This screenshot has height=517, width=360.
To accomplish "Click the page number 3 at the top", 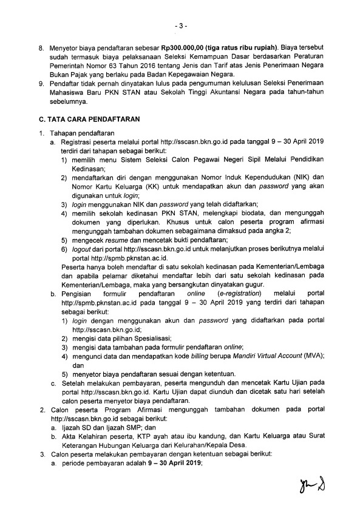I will tap(180, 26).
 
